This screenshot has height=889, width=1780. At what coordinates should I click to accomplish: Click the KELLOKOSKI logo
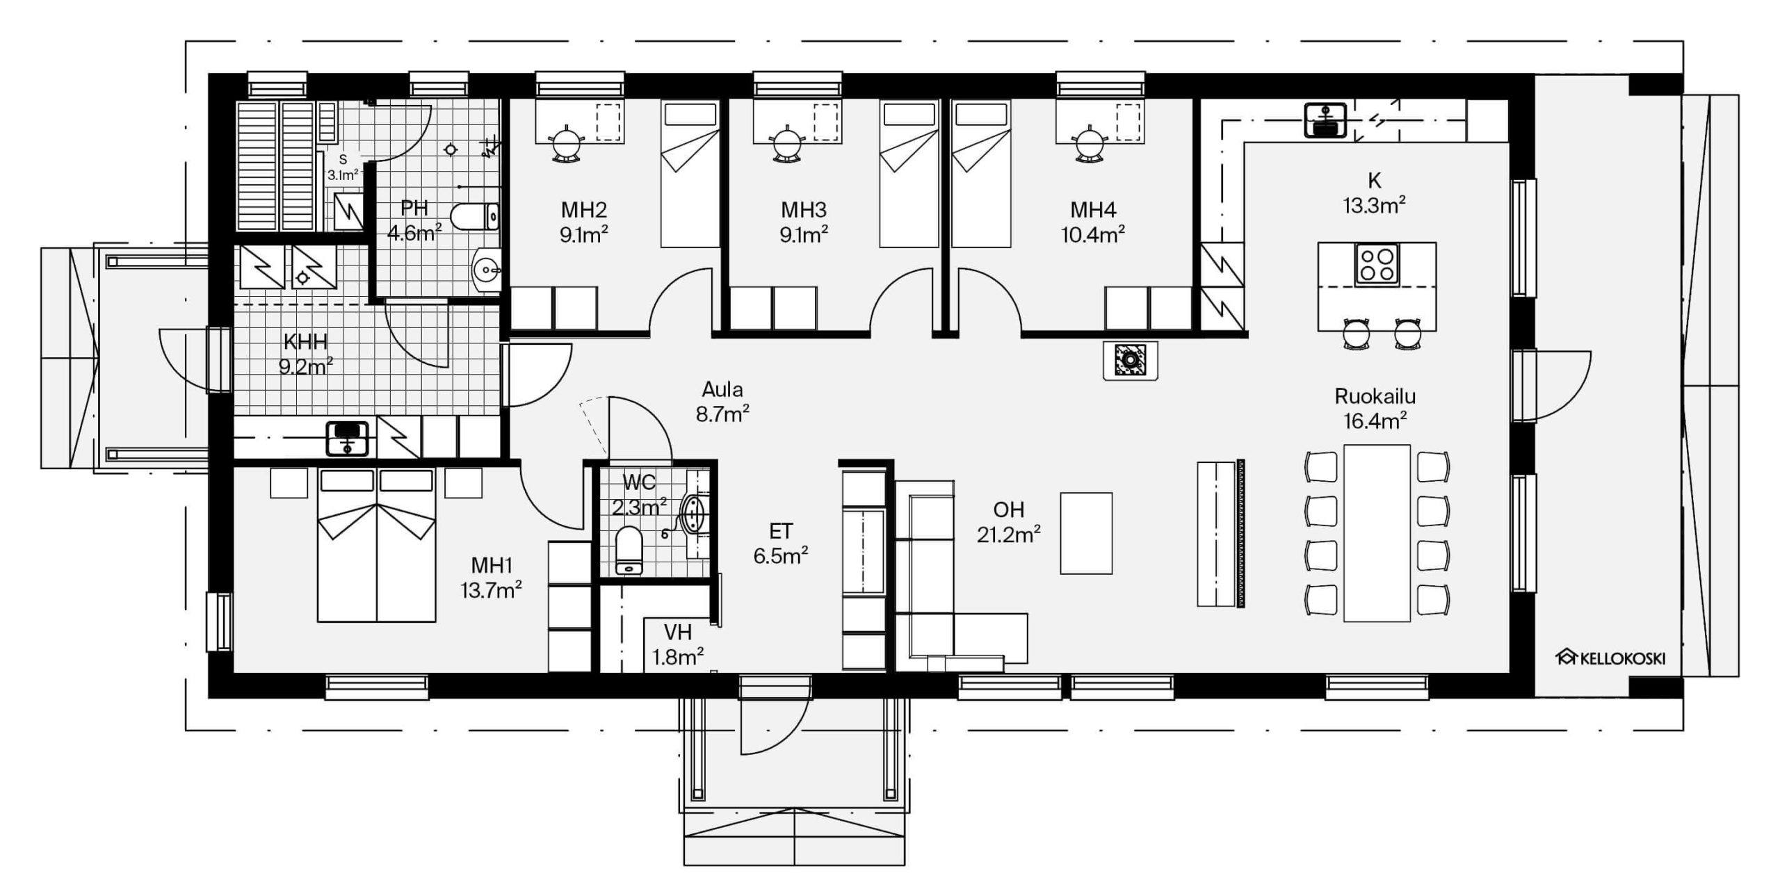pyautogui.click(x=1610, y=658)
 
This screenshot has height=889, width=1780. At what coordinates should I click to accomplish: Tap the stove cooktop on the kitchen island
pyautogui.click(x=1377, y=264)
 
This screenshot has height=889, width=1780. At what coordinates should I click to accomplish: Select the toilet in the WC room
pyautogui.click(x=629, y=550)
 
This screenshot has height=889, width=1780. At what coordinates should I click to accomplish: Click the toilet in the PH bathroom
pyautogui.click(x=475, y=216)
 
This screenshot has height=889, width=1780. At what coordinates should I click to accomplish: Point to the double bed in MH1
pyautogui.click(x=377, y=545)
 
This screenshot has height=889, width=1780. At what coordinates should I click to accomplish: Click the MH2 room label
pyautogui.click(x=584, y=209)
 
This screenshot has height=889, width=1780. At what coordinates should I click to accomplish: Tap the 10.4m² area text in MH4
pyautogui.click(x=1092, y=235)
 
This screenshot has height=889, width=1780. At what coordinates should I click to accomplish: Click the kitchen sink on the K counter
pyautogui.click(x=1326, y=120)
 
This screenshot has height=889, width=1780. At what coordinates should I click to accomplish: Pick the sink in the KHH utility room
pyautogui.click(x=347, y=438)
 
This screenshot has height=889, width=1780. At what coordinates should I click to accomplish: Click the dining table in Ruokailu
pyautogui.click(x=1377, y=533)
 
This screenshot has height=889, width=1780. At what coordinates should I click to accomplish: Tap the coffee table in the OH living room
pyautogui.click(x=1086, y=533)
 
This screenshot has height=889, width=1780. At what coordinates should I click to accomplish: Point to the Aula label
pyautogui.click(x=722, y=389)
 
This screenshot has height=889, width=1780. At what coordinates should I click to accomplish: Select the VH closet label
pyautogui.click(x=678, y=632)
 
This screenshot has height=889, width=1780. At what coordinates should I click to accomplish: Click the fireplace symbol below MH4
pyautogui.click(x=1131, y=360)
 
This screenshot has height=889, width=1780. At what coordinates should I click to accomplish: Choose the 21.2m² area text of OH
pyautogui.click(x=1008, y=535)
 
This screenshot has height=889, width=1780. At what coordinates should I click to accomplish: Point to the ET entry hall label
pyautogui.click(x=781, y=532)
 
